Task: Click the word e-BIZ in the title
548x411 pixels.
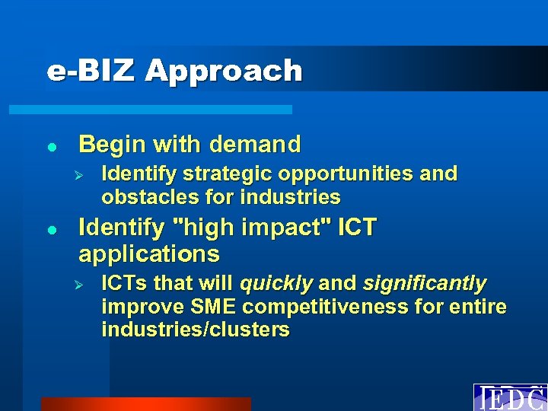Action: coord(92,71)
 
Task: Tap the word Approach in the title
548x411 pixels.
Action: coord(224,72)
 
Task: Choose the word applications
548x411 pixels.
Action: coord(149,253)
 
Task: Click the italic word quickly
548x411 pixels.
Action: coord(276,284)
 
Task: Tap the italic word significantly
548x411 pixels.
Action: coord(425,284)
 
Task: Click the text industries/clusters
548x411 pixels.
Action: coord(196,330)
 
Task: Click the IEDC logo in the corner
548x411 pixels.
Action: coord(510,398)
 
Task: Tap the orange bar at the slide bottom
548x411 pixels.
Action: coord(145,404)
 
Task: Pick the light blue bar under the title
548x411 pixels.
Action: coord(150,110)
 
